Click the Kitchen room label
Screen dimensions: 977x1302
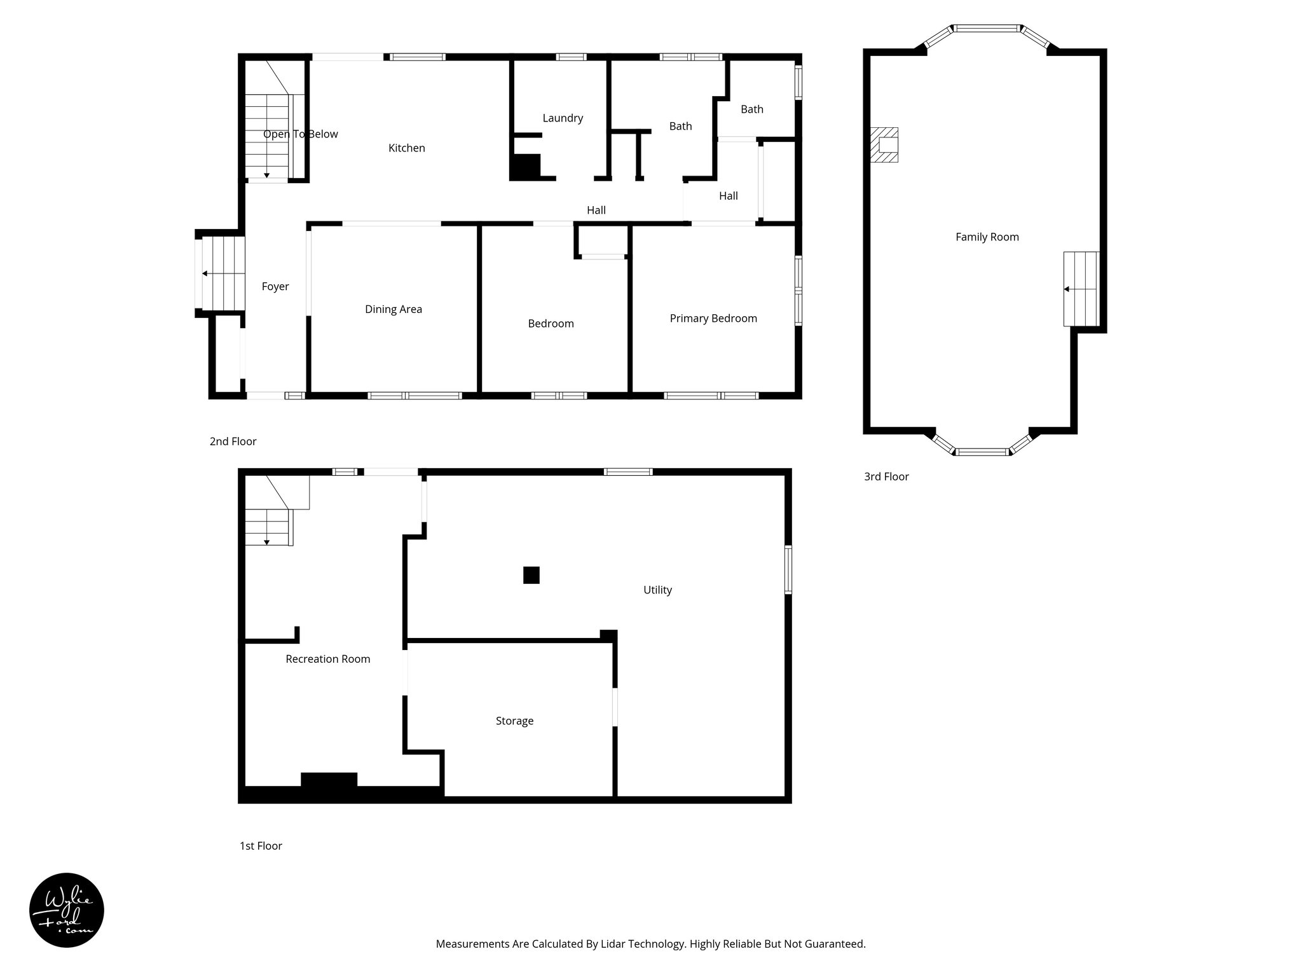click(x=407, y=148)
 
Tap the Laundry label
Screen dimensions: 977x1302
click(x=563, y=118)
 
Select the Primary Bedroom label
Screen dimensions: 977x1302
click(x=713, y=319)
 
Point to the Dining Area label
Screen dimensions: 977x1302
click(x=394, y=310)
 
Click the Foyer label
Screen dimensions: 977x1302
click(x=275, y=287)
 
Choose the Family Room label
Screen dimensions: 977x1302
click(x=987, y=237)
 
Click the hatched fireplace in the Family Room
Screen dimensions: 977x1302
click(x=884, y=144)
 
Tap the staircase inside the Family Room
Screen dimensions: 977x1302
click(x=1081, y=289)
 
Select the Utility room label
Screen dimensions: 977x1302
click(x=657, y=590)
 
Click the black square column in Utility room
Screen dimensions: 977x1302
click(x=531, y=575)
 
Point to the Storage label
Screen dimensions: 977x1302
click(x=514, y=721)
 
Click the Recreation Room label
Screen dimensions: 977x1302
click(x=327, y=660)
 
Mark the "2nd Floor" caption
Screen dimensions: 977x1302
click(x=233, y=441)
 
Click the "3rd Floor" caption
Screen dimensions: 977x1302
click(x=886, y=477)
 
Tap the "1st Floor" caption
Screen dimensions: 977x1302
click(x=261, y=846)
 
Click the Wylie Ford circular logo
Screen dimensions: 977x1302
click(x=67, y=910)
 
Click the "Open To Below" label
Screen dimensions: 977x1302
click(x=300, y=134)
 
